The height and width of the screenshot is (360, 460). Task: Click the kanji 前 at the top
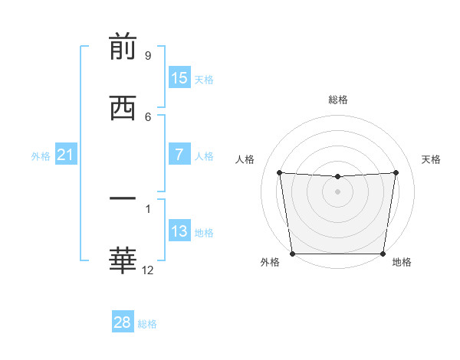pyautogui.click(x=123, y=47)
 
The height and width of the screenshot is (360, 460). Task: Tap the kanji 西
pyautogui.click(x=123, y=108)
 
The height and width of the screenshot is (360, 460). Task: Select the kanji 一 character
pyautogui.click(x=123, y=200)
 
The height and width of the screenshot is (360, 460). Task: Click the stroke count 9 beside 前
pyautogui.click(x=147, y=56)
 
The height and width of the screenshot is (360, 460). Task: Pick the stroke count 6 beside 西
pyautogui.click(x=147, y=116)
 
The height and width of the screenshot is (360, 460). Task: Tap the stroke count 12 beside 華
pyautogui.click(x=148, y=270)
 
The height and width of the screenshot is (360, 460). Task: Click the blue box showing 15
pyautogui.click(x=179, y=78)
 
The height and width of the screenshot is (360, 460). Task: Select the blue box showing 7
pyautogui.click(x=179, y=155)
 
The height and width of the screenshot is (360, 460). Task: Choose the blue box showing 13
pyautogui.click(x=179, y=231)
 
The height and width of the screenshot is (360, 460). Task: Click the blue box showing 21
pyautogui.click(x=65, y=155)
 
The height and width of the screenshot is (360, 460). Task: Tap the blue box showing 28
pyautogui.click(x=123, y=322)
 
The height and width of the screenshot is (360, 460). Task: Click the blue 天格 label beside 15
pyautogui.click(x=204, y=79)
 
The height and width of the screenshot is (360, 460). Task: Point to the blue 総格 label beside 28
pyautogui.click(x=147, y=324)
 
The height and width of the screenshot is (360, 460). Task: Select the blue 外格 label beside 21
pyautogui.click(x=41, y=156)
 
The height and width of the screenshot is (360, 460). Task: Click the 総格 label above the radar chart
pyautogui.click(x=338, y=100)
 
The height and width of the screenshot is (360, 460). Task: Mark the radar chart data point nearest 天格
pyautogui.click(x=396, y=172)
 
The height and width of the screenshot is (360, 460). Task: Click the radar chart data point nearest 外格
pyautogui.click(x=292, y=254)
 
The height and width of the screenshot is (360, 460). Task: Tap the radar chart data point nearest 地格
pyautogui.click(x=383, y=254)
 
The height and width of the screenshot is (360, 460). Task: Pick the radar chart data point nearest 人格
pyautogui.click(x=280, y=172)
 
